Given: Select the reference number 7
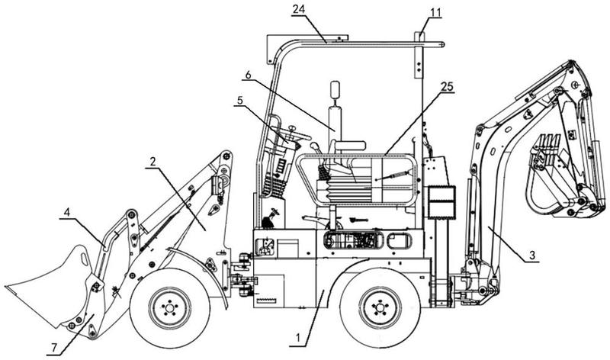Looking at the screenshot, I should click(x=54, y=349).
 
